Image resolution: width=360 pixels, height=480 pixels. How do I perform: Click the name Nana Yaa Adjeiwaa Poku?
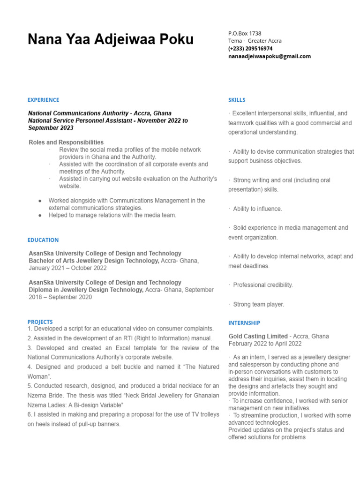tap(111, 39)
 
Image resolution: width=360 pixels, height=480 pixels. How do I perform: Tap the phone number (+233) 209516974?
tap(250, 49)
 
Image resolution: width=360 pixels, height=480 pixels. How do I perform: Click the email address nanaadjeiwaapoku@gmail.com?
tap(270, 56)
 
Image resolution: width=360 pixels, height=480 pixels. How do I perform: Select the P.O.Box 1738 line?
tap(245, 33)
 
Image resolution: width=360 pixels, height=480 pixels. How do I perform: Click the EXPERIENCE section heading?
tap(43, 100)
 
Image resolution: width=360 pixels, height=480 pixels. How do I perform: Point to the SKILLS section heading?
tap(237, 100)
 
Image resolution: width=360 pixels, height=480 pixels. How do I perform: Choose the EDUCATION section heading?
tap(43, 240)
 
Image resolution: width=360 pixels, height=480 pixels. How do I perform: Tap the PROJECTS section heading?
tap(40, 322)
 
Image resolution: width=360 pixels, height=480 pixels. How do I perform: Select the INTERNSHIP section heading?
tap(244, 323)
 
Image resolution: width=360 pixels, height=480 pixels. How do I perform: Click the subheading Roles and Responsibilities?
tap(66, 142)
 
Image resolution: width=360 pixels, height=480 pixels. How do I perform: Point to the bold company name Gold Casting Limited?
tap(258, 336)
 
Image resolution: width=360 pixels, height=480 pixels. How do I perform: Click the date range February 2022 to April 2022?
tap(265, 344)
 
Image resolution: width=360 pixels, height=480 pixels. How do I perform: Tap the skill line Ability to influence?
tap(257, 209)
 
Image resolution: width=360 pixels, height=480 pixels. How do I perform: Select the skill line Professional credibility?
tap(262, 285)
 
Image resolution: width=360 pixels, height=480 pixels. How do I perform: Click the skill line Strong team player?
tap(258, 304)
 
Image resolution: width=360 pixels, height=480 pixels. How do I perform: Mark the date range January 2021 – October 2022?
tap(67, 268)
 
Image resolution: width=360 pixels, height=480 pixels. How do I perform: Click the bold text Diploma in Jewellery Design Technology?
tap(86, 290)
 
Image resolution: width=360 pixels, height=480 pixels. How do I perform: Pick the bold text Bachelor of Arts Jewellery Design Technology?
tap(94, 261)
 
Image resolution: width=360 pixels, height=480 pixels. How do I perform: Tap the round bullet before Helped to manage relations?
tap(40, 215)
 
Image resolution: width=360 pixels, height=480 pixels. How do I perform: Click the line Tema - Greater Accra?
tap(255, 41)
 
